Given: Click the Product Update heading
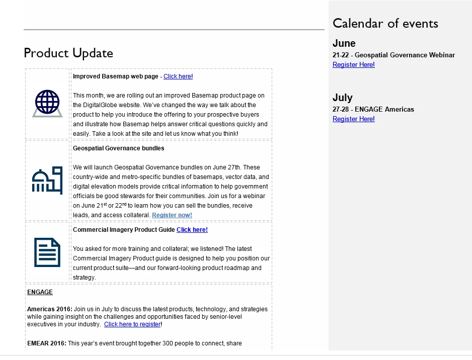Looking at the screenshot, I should pos(68,53).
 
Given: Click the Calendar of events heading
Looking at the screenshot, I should pos(385,23).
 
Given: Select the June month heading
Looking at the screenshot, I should pos(344,43).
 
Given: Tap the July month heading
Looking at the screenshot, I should pos(342,98).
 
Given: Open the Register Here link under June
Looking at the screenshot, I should pos(353,65).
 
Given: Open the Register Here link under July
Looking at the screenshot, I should pos(353,119).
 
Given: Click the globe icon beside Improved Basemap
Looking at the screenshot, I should pos(47,103).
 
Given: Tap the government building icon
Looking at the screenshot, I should pos(47,180).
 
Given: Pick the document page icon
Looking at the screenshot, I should pos(47,252).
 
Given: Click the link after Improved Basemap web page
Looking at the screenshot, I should pos(178,76).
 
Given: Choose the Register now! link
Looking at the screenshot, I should pos(172,215).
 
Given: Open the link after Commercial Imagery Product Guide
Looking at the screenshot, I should pos(192,230).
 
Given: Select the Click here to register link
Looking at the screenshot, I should pos(132,325).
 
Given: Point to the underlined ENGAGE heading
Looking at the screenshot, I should pos(40,292).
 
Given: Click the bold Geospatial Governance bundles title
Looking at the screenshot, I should pos(118,148).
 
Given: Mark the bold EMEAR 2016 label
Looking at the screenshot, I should pos(46,343).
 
